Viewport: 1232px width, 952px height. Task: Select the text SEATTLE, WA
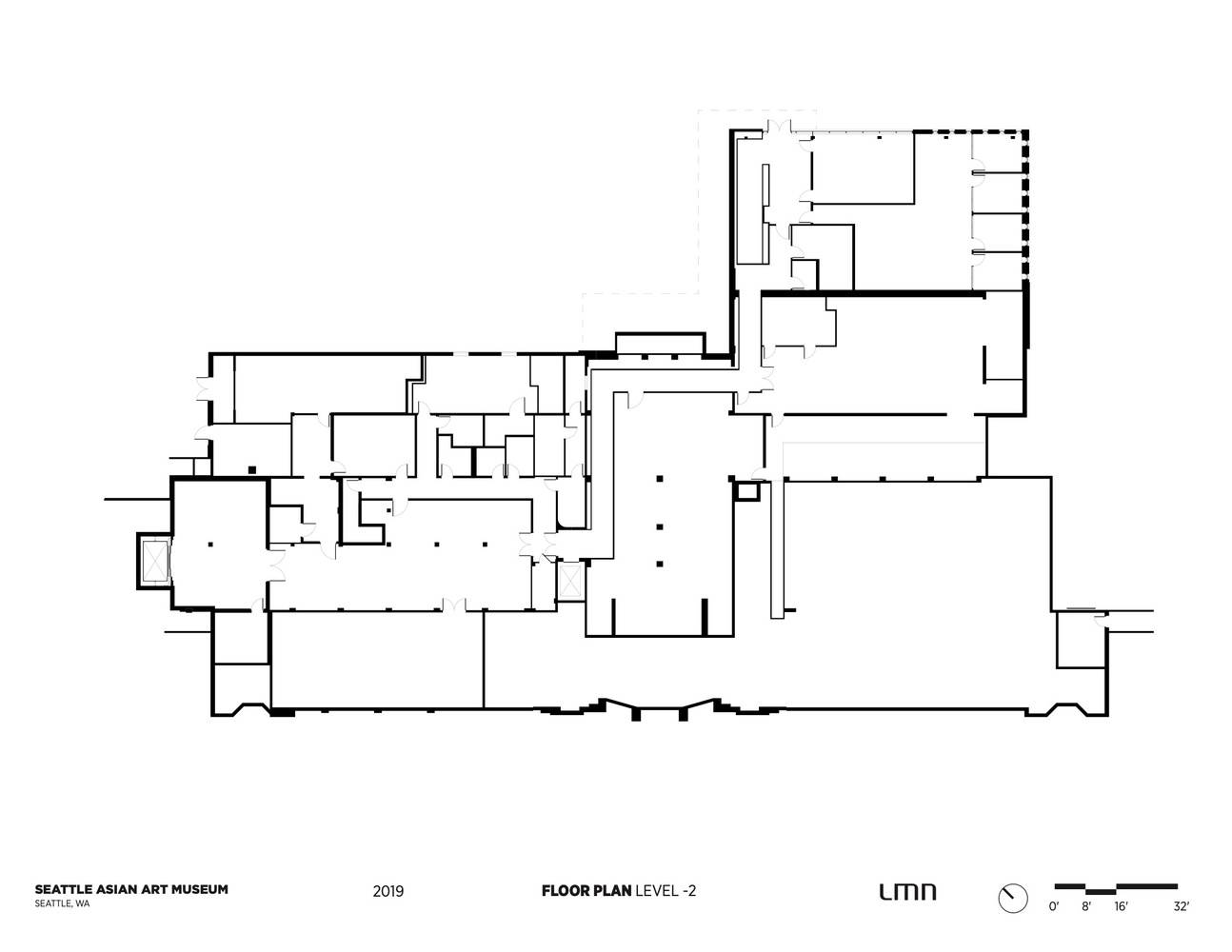[x=62, y=903]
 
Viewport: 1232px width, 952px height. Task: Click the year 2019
[x=387, y=891]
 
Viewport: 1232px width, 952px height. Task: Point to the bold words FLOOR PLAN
[x=586, y=891]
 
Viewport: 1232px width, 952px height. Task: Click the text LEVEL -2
[x=666, y=891]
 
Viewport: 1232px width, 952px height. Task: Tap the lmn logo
[x=907, y=892]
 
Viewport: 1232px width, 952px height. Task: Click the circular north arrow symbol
[x=1013, y=898]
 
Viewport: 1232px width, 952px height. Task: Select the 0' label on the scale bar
[x=1053, y=906]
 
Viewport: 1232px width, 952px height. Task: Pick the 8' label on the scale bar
[x=1085, y=906]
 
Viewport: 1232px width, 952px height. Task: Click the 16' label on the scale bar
[x=1121, y=906]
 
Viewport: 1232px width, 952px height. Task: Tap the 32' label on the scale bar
[x=1181, y=906]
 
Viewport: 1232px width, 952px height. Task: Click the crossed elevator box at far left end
[x=155, y=561]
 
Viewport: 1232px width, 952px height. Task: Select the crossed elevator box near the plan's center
[x=570, y=580]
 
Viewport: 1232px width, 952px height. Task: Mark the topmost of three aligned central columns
[x=660, y=479]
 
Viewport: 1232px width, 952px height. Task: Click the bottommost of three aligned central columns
[x=660, y=564]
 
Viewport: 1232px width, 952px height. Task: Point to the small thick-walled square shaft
[x=747, y=490]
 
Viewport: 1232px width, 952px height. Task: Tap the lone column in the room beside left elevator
[x=210, y=544]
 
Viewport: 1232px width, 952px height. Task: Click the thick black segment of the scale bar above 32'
[x=1147, y=887]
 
